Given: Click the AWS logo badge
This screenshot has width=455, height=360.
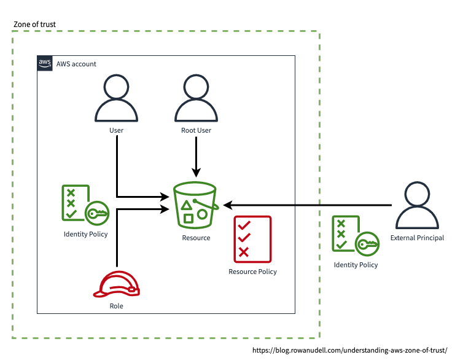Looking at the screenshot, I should (x=45, y=63).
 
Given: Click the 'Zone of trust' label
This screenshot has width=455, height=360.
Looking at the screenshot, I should (x=34, y=25).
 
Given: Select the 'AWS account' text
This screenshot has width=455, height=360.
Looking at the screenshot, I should (x=76, y=64).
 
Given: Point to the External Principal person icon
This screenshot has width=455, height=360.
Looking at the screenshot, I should (x=417, y=207).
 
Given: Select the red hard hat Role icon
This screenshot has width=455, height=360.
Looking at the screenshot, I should (x=116, y=284).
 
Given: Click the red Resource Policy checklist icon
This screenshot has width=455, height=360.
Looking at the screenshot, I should (x=252, y=238).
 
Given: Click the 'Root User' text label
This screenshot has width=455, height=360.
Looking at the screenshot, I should (x=196, y=130).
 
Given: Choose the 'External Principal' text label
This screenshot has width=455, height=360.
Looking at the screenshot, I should (x=417, y=238).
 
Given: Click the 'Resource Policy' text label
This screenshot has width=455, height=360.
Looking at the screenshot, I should (x=252, y=272).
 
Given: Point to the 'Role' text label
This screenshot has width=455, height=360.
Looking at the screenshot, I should (x=116, y=305).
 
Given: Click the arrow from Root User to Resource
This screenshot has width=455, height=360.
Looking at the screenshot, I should (x=196, y=157).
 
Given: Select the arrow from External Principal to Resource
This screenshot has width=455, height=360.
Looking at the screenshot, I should (x=307, y=205).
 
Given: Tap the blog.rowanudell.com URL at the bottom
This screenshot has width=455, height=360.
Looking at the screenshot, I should (x=350, y=350).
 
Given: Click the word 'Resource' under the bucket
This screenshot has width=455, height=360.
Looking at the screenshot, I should (x=196, y=238).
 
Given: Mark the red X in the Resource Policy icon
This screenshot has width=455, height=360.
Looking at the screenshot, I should (x=244, y=252).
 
